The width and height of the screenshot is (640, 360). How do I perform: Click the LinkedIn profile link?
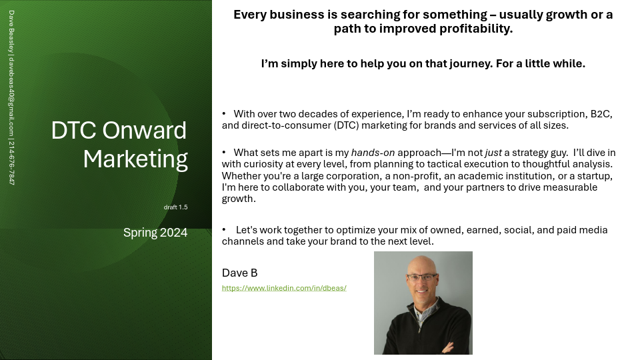point(284,288)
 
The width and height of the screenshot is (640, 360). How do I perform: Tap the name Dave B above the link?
point(239,273)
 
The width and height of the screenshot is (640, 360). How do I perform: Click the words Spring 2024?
point(155,233)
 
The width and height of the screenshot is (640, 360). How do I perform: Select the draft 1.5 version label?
point(175,207)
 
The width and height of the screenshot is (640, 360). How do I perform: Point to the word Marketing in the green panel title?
point(135,159)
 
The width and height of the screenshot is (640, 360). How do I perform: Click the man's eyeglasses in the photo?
point(422,277)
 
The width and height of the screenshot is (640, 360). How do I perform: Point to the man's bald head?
point(421,263)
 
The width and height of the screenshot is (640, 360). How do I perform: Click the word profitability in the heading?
point(474,29)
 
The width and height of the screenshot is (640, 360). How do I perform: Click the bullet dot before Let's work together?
point(224,229)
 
